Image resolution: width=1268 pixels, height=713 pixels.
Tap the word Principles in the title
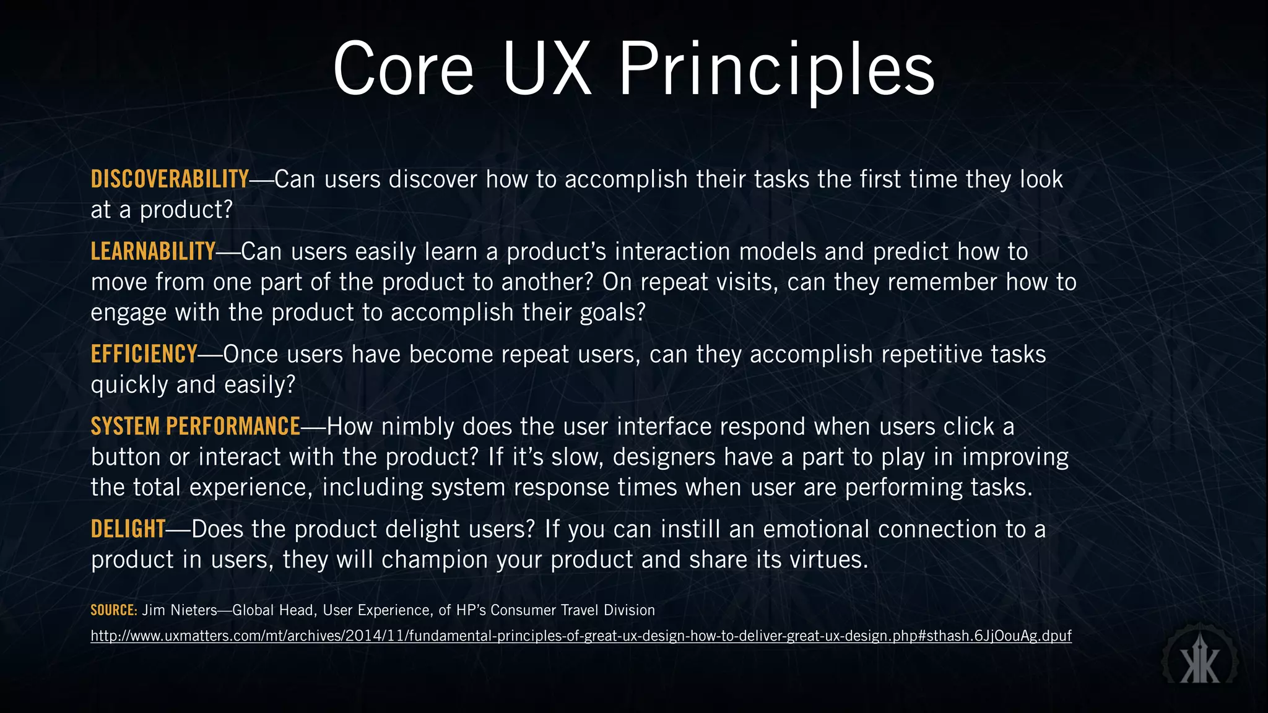[776, 69]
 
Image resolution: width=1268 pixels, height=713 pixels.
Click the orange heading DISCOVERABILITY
[170, 179]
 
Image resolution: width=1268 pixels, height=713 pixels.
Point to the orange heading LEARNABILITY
[153, 252]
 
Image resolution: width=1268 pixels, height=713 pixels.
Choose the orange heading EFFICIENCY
[144, 355]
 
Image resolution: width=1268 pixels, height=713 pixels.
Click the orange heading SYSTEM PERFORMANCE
[195, 427]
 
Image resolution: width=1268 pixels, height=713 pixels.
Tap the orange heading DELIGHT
[128, 530]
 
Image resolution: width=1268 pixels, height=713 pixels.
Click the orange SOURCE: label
[113, 610]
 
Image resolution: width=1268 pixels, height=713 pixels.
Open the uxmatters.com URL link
[581, 636]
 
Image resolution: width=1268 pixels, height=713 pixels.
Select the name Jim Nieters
[180, 610]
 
